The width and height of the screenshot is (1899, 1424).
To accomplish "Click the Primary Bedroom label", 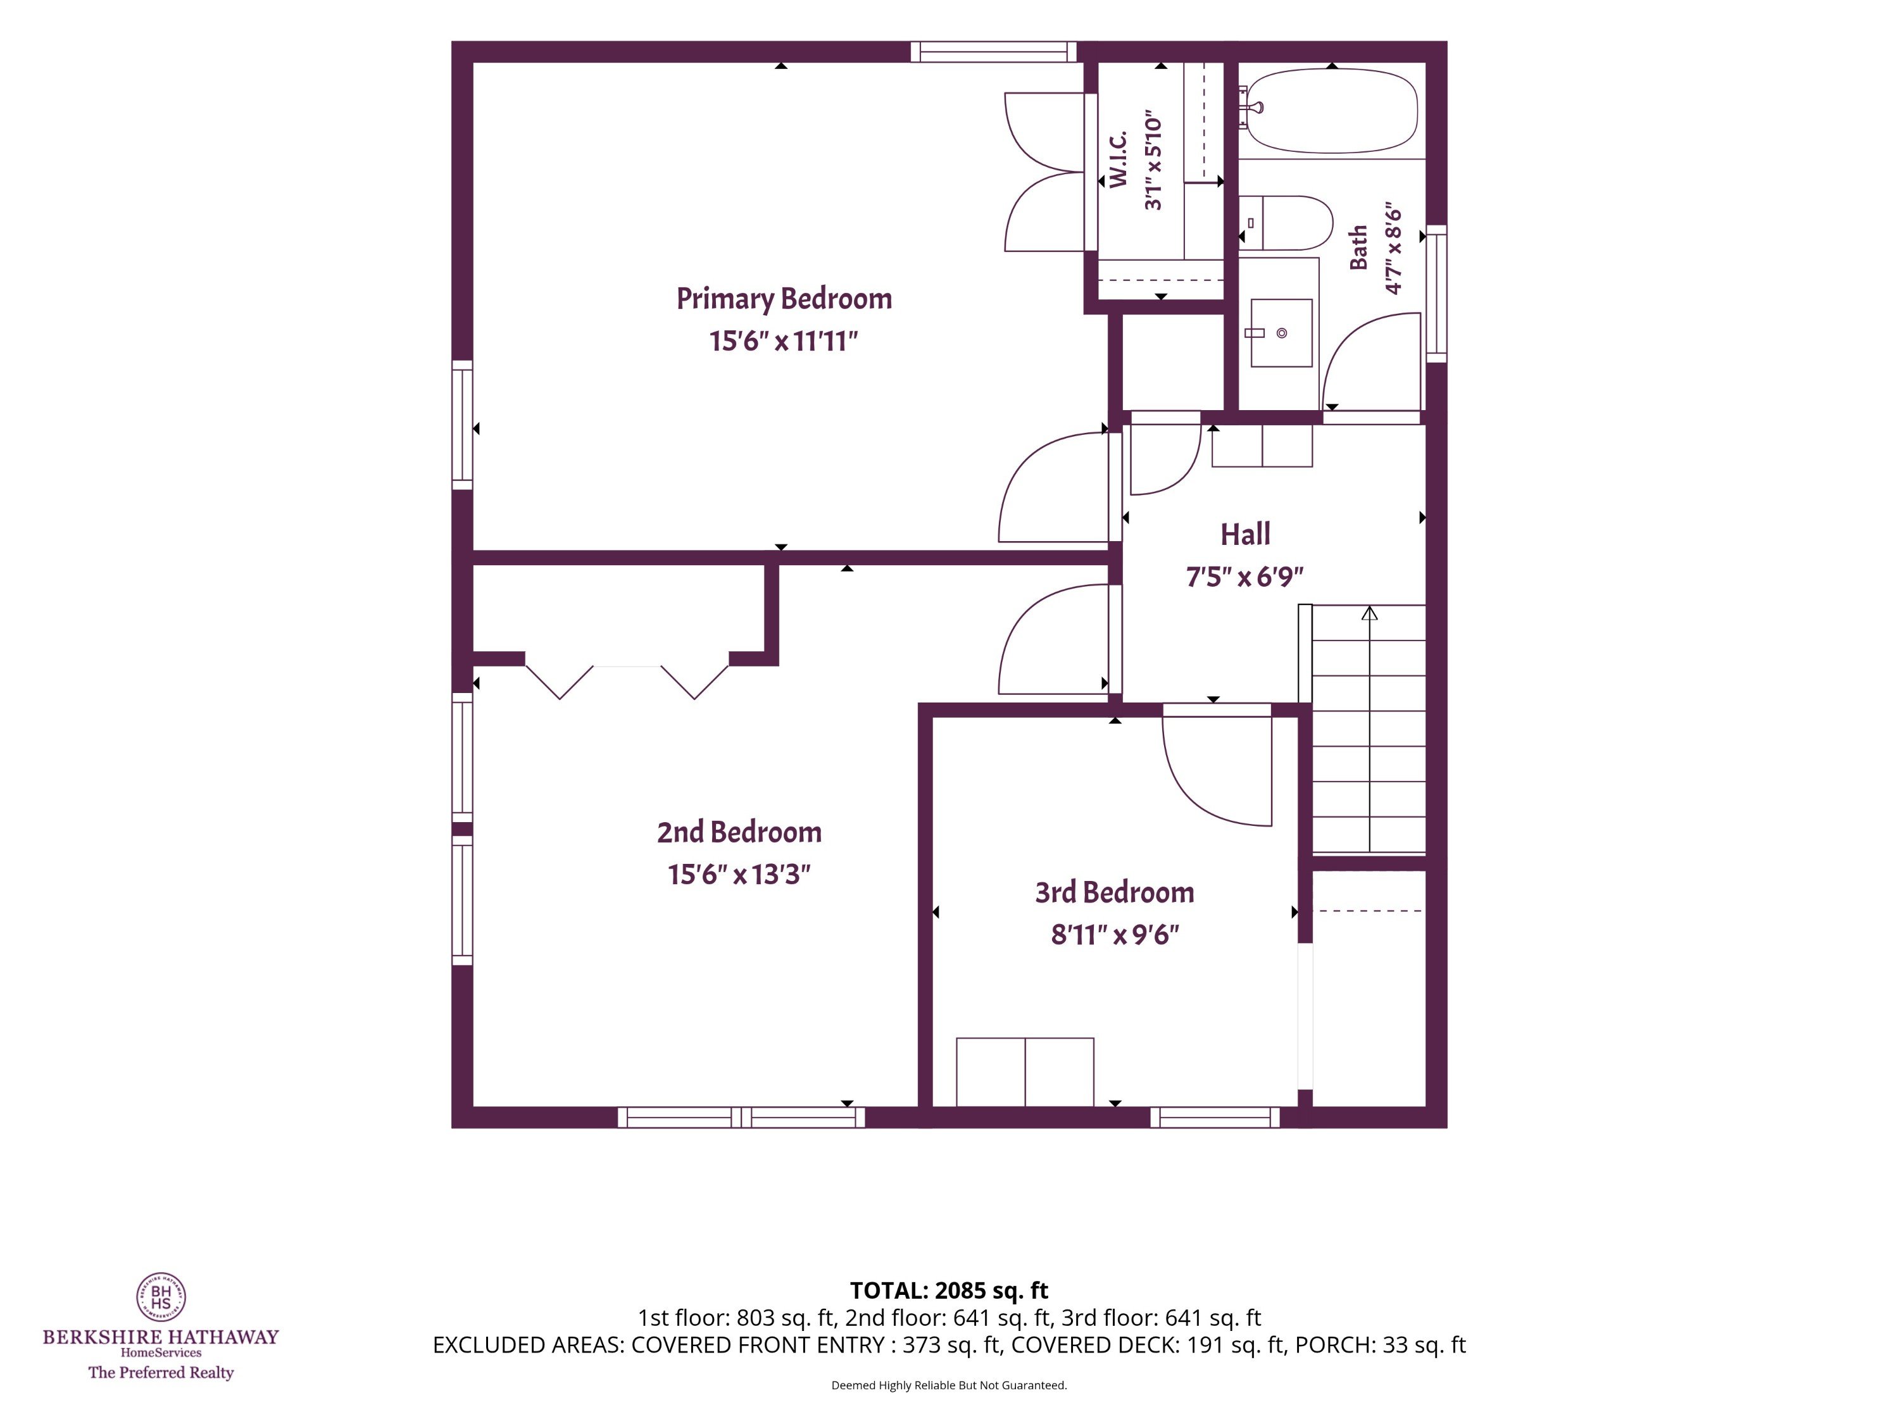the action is (784, 299).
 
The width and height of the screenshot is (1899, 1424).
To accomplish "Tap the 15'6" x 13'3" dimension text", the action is (739, 875).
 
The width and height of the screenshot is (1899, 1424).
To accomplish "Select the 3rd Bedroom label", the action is (1114, 892).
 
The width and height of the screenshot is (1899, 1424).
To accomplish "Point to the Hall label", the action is (1245, 534).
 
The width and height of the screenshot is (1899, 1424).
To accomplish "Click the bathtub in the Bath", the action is (1332, 111).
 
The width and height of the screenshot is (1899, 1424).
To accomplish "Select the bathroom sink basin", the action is (1281, 333).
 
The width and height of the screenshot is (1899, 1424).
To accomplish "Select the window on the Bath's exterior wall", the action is (1436, 294).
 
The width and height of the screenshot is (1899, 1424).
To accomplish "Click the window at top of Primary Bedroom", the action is (993, 51).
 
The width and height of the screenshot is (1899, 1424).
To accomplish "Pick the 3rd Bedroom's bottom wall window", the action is (1215, 1116).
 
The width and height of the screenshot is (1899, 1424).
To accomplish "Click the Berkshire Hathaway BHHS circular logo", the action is (161, 1296).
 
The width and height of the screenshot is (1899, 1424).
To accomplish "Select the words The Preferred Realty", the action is (161, 1373).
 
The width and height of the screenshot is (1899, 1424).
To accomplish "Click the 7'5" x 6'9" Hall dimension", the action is (1245, 577).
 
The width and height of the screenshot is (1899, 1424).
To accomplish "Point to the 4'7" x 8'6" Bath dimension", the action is (1393, 249).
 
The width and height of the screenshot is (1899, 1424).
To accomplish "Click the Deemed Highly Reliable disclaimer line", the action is (949, 1385).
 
